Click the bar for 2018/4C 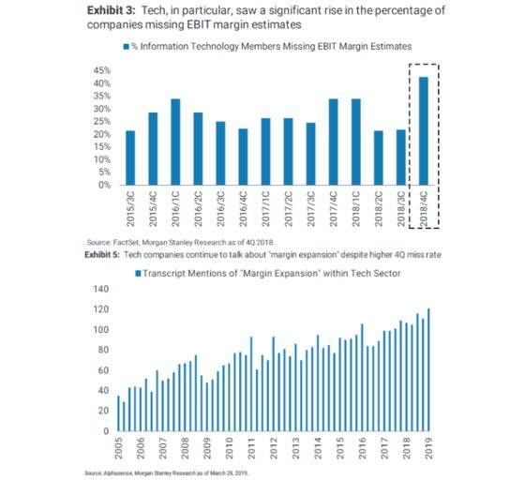pos(423,131)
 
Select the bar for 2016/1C pos(175,142)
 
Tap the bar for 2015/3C pos(130,157)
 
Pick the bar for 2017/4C pos(333,142)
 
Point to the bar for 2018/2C pos(379,157)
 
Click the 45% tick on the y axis pos(102,70)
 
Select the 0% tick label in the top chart pos(104,185)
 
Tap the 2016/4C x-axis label pos(243,209)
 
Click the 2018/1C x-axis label pos(356,209)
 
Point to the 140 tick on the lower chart pos(101,289)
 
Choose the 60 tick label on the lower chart pos(103,370)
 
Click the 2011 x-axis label pos(251,448)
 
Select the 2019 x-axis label pos(429,448)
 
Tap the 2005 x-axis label pos(118,448)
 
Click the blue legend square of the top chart pos(127,47)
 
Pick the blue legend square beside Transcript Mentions pos(138,274)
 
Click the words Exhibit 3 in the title pos(112,10)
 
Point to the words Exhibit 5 pos(102,255)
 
